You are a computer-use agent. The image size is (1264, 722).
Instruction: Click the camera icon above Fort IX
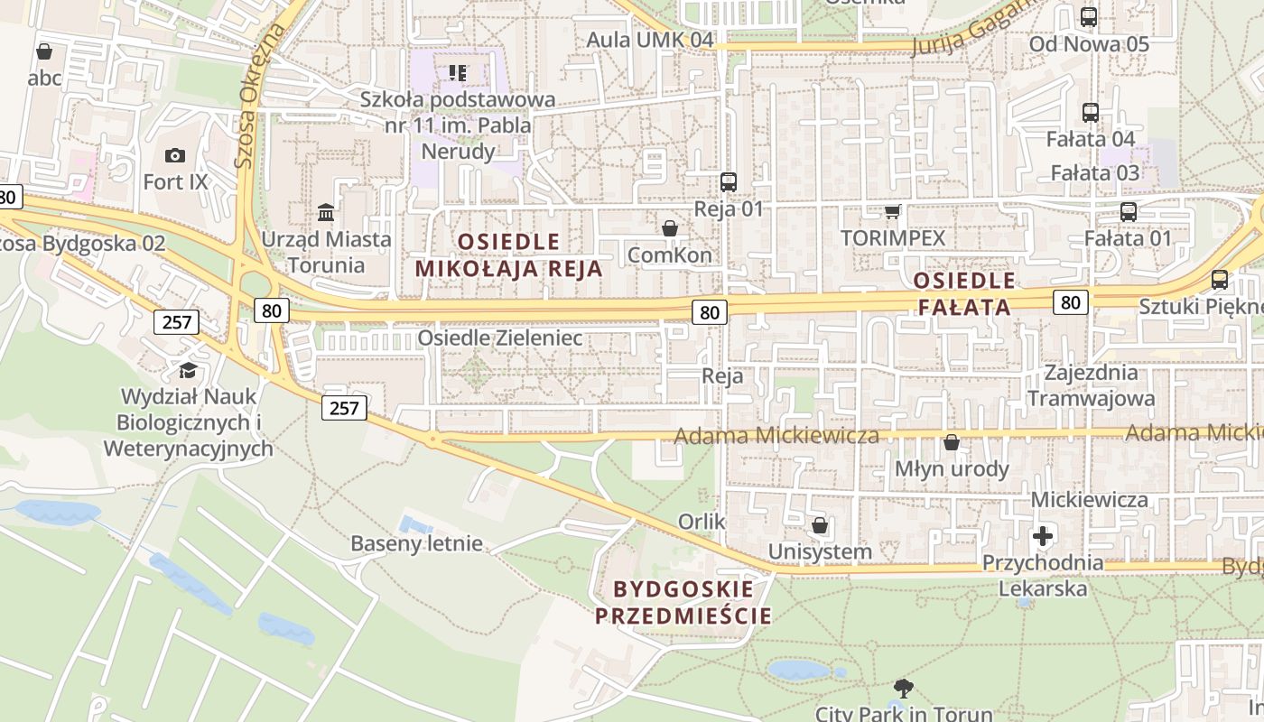pos(175,155)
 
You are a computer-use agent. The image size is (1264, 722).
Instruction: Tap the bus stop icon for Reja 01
pos(729,181)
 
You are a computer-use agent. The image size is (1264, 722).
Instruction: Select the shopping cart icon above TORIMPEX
pos(892,211)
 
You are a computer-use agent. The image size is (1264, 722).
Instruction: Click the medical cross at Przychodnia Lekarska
pos(1043,536)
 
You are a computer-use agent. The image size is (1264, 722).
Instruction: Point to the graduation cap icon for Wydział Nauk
pos(188,370)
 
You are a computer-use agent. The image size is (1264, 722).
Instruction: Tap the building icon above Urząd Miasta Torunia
pos(326,213)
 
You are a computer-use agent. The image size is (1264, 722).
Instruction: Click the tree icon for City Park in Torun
pos(903,689)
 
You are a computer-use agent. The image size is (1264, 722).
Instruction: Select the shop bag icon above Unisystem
pos(820,524)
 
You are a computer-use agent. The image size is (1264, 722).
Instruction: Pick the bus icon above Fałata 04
pos(1091,113)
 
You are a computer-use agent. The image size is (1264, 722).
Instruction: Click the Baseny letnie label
pos(416,543)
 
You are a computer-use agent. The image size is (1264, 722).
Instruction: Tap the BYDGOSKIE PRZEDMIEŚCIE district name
pos(683,603)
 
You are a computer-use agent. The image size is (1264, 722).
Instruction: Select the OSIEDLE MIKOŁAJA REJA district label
pos(508,255)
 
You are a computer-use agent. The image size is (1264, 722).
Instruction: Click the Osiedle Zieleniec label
pos(499,338)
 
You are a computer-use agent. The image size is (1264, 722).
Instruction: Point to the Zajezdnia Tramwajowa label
pos(1091,385)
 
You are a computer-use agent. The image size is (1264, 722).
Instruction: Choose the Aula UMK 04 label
pos(650,40)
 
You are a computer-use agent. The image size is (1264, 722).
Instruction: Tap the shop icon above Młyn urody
pos(951,442)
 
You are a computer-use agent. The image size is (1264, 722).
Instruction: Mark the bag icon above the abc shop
pos(43,51)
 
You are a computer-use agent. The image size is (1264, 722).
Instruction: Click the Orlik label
pos(702,522)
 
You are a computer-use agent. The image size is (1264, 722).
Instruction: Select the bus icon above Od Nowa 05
pos(1089,16)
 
